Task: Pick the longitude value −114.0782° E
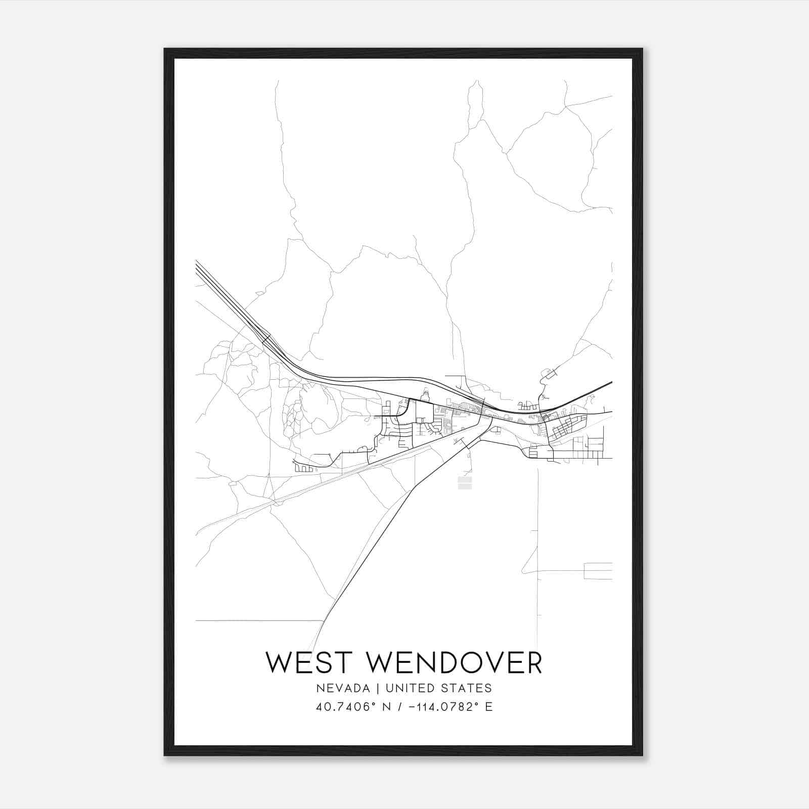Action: tap(444, 707)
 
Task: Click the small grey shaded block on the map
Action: tap(465, 483)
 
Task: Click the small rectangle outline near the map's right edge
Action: tap(598, 571)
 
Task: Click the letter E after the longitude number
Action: tap(488, 707)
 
